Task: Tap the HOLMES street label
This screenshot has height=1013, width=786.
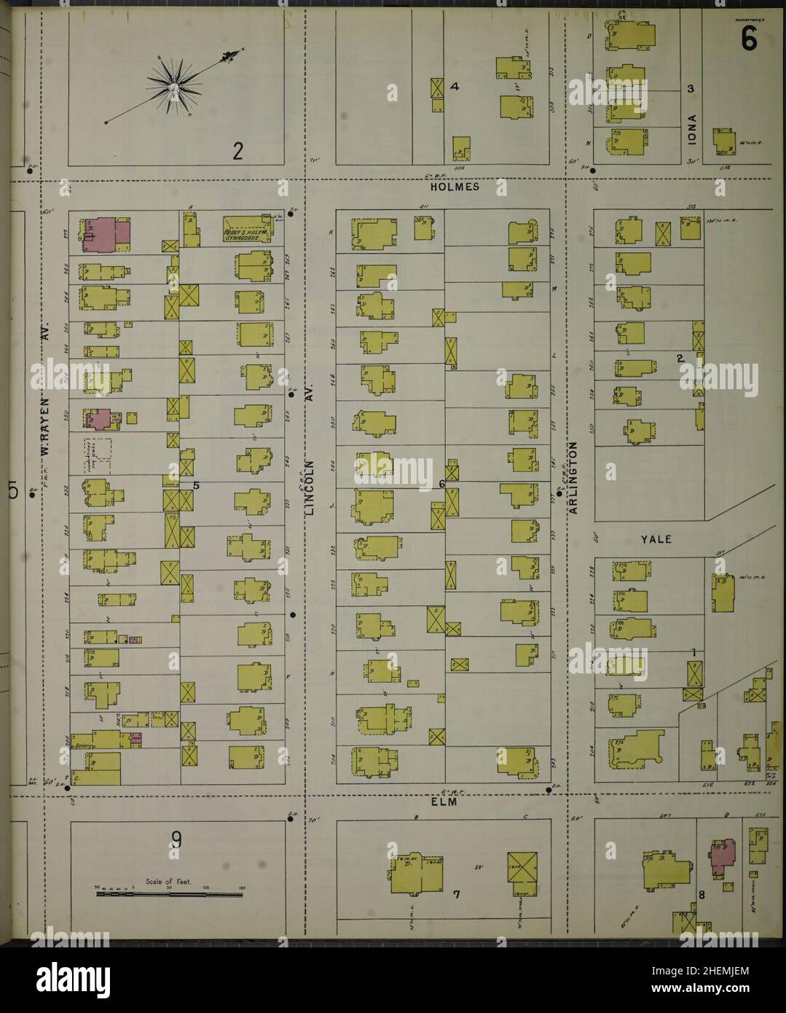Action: (x=455, y=187)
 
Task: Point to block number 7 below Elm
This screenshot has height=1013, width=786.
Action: (x=457, y=893)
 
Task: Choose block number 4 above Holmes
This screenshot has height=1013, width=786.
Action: (x=455, y=87)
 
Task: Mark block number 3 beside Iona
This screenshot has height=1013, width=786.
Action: (x=690, y=89)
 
